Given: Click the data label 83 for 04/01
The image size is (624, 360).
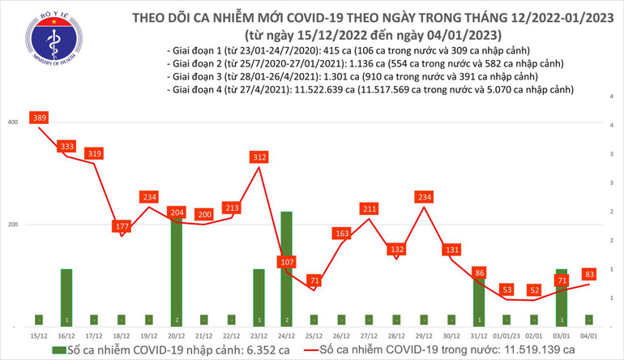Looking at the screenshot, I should [x=590, y=274].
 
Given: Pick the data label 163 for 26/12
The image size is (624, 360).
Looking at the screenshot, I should [x=342, y=234].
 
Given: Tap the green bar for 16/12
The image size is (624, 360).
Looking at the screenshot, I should [x=66, y=296].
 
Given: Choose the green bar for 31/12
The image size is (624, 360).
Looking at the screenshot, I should [x=479, y=296].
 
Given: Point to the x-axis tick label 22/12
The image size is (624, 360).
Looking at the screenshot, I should [x=231, y=333].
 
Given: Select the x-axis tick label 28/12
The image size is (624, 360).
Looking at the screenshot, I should [x=396, y=333].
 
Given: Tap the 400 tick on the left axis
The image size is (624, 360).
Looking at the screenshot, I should [x=12, y=122].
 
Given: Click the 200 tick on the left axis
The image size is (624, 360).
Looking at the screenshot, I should [x=12, y=225].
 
